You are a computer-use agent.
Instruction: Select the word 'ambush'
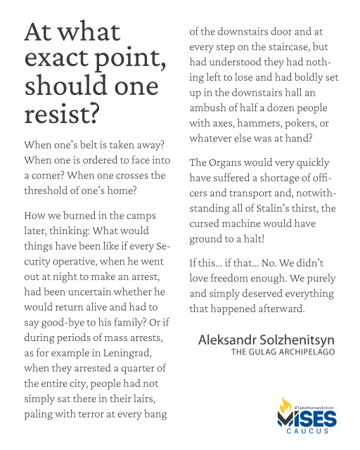coord(212,109)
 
